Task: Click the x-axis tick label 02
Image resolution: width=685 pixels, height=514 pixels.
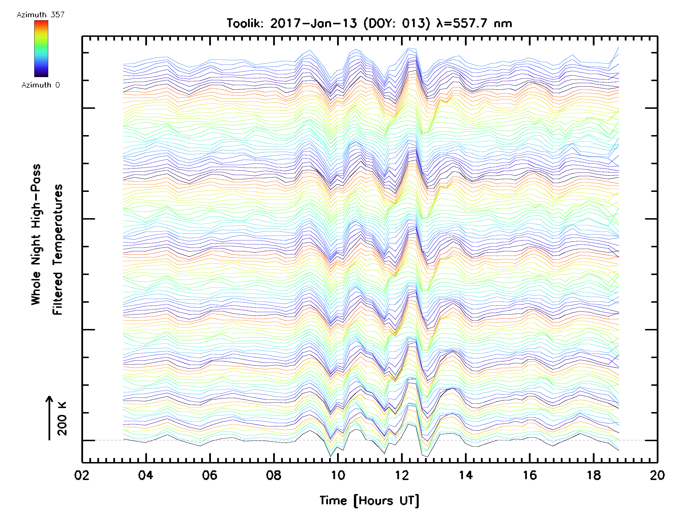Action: click(x=82, y=475)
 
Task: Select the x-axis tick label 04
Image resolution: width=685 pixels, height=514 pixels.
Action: click(x=146, y=475)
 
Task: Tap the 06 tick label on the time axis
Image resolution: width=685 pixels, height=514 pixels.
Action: click(x=210, y=475)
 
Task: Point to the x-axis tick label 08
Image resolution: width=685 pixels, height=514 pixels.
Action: click(x=274, y=475)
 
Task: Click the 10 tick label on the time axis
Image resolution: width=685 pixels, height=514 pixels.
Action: click(x=338, y=475)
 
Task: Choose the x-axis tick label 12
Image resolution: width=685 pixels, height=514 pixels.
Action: click(x=402, y=475)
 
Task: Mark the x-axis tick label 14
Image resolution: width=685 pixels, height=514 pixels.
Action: click(x=466, y=475)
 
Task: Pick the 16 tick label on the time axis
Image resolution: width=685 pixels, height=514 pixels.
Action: click(x=530, y=475)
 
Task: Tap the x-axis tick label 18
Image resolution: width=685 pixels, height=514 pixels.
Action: click(x=594, y=475)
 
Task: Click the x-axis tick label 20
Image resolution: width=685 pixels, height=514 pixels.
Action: click(x=657, y=475)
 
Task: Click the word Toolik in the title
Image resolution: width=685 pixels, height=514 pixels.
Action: click(x=245, y=23)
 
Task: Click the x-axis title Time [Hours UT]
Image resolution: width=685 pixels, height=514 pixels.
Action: click(x=369, y=501)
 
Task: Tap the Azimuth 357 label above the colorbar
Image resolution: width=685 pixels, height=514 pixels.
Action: click(x=41, y=15)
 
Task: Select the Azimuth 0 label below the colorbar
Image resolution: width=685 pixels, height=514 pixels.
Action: click(x=41, y=85)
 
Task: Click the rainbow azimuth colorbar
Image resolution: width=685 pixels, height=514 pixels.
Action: click(x=41, y=49)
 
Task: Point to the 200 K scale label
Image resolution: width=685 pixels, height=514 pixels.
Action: click(x=62, y=419)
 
